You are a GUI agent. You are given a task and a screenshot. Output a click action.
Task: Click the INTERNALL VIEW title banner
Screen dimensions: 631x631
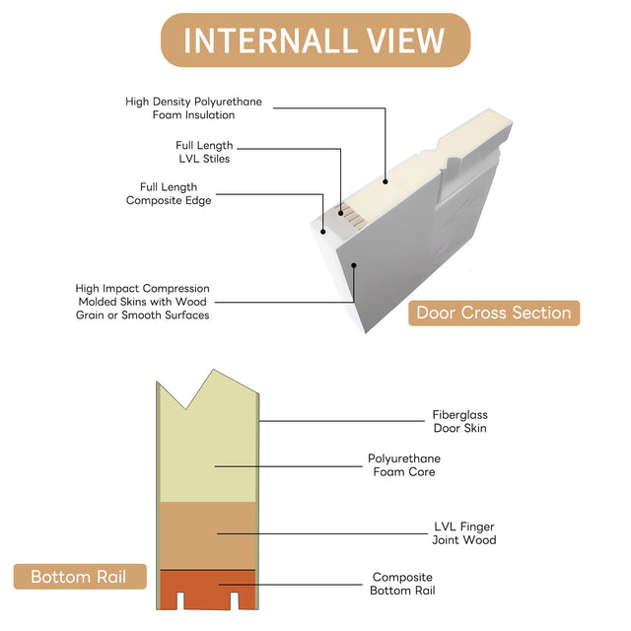tap(315, 40)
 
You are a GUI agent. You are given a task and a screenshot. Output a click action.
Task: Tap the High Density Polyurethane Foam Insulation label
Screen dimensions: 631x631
tap(193, 108)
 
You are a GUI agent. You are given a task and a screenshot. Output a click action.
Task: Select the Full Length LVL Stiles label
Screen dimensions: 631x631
tap(204, 152)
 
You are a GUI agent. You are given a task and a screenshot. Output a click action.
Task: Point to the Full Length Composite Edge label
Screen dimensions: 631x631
tap(169, 193)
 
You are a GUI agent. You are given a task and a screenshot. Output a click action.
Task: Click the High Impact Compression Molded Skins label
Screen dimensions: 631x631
tap(142, 302)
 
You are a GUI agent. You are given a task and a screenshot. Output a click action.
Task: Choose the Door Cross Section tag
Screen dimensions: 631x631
tap(493, 314)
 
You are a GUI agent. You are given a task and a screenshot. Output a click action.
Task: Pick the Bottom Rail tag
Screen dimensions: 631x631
tap(80, 577)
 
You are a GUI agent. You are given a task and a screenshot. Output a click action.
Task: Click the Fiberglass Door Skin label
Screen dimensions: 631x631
tap(459, 422)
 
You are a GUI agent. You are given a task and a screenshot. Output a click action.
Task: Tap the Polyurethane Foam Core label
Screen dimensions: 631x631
tap(404, 465)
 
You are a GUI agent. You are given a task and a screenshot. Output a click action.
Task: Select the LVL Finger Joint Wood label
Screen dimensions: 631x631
tap(463, 533)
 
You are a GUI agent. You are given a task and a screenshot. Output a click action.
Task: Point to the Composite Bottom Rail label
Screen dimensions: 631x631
tap(403, 584)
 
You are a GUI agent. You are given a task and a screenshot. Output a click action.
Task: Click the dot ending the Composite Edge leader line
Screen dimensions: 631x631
tap(322, 233)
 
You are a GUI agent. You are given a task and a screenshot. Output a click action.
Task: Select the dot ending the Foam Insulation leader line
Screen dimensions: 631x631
tap(386, 181)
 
